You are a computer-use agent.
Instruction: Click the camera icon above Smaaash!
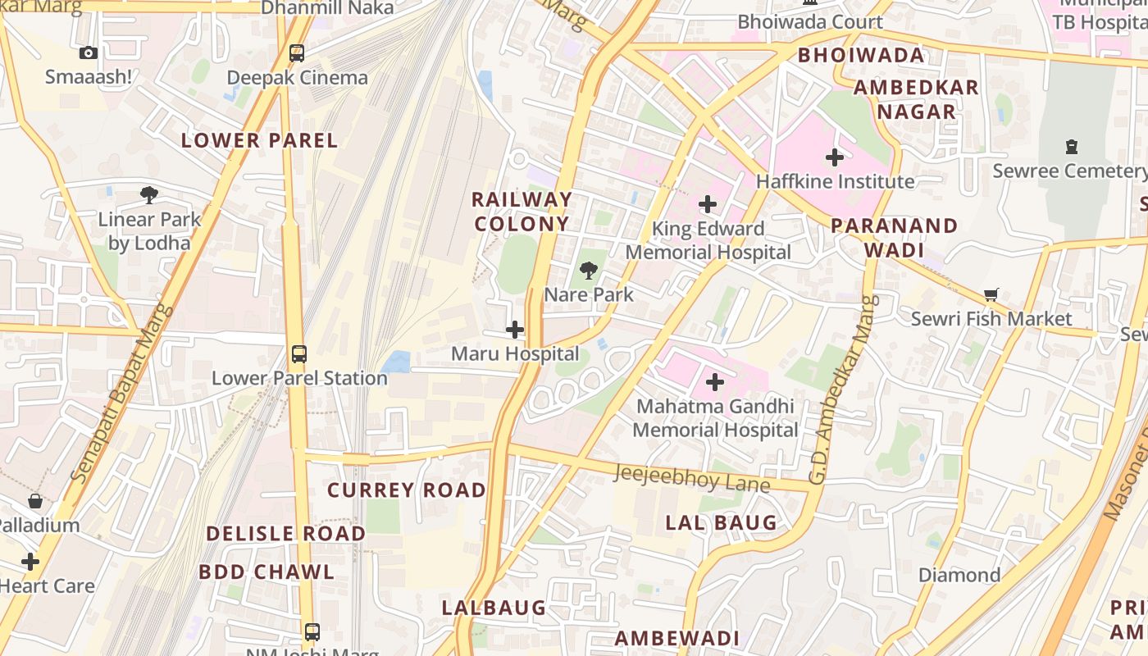pos(89,53)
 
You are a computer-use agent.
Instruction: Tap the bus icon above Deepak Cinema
pos(297,53)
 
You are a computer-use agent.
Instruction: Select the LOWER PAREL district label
pos(259,140)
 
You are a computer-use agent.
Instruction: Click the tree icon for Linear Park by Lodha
pos(149,195)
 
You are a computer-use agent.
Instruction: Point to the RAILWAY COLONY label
pos(522,212)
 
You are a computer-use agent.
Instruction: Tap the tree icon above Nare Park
pos(588,270)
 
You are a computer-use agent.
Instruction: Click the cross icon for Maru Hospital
pos(515,330)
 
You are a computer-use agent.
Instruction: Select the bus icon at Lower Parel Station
pos(299,354)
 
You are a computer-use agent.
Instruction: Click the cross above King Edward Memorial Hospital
pos(708,204)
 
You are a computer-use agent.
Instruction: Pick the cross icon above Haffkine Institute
pos(835,157)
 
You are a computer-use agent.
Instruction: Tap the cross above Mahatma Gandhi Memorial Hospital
pos(715,381)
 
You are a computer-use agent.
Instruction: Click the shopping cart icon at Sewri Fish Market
pos(991,294)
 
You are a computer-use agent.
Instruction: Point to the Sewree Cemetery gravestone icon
pos(1071,147)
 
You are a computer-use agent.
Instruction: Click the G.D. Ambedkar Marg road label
pos(843,389)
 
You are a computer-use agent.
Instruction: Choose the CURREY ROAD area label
pos(407,490)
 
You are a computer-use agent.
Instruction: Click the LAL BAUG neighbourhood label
pos(721,522)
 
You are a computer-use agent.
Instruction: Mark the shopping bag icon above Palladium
pos(35,500)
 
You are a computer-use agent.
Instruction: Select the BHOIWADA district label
pos(861,56)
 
